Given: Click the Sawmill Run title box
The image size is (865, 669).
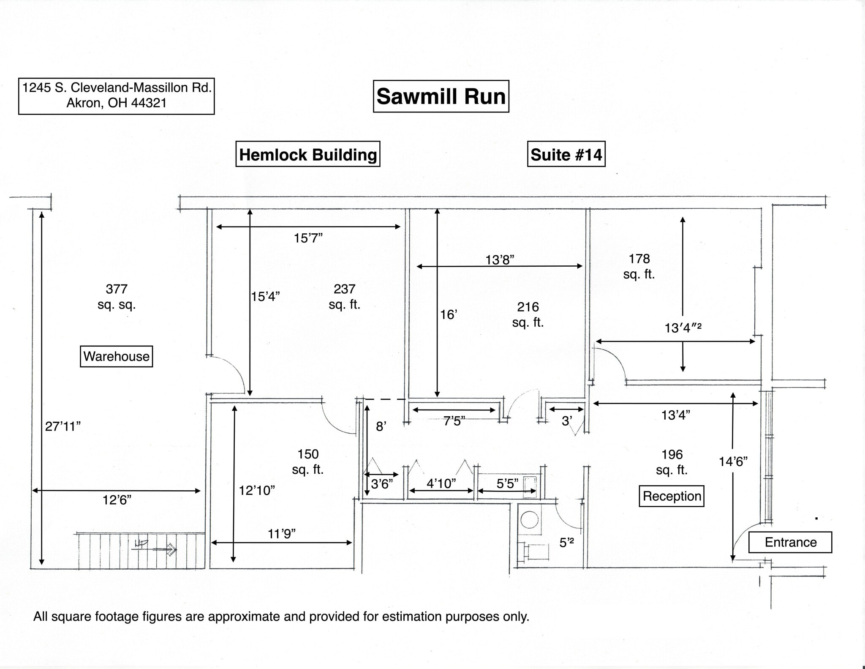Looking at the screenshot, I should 441,96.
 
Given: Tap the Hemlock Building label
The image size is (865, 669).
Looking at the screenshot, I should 308,154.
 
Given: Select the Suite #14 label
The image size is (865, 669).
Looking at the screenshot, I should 566,154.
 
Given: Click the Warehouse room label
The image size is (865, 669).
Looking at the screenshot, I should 116,356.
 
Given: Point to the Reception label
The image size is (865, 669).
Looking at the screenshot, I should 672,496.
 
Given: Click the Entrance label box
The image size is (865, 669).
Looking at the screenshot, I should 790,542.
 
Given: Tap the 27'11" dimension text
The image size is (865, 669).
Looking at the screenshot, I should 63,426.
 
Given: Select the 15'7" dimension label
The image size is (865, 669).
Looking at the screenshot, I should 308,238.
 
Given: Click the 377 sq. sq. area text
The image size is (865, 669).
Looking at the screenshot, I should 117,297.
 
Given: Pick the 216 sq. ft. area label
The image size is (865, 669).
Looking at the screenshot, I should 528,314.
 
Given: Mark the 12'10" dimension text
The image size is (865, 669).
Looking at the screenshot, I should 257,490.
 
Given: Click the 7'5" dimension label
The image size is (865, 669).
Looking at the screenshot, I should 454,421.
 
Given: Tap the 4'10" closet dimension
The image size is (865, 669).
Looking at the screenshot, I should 441,483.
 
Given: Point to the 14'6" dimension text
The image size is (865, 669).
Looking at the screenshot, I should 733,461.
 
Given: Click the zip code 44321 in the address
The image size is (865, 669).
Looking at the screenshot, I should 149,103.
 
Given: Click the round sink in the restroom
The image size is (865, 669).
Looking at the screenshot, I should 530,519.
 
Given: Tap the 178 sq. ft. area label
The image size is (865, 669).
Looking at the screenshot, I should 639,266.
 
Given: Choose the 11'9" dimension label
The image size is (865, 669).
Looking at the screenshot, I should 282,534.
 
